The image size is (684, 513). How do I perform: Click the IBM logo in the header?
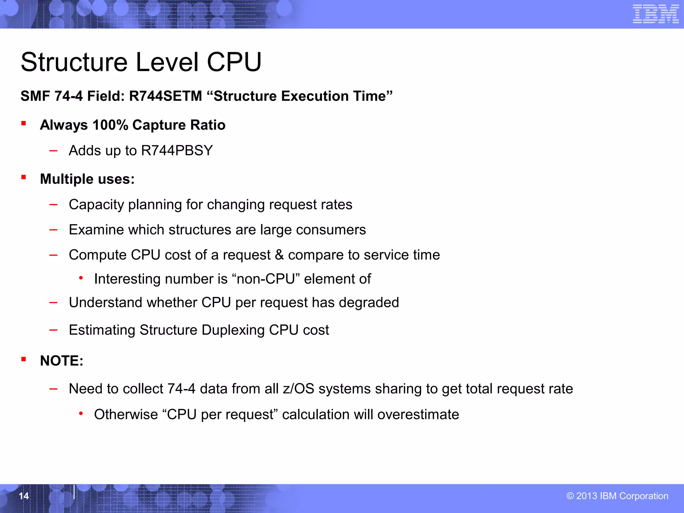click(655, 14)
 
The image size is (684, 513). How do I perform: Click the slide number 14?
click(24, 496)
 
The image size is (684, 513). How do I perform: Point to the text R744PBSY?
click(177, 151)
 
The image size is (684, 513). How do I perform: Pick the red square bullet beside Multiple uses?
click(24, 177)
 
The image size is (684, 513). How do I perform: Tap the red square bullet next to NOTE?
click(24, 359)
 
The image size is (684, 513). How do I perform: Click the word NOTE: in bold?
click(62, 361)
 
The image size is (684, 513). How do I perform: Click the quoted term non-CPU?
click(266, 279)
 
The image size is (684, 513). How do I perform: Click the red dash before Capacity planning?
click(53, 204)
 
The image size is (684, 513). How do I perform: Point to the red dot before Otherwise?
click(81, 414)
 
